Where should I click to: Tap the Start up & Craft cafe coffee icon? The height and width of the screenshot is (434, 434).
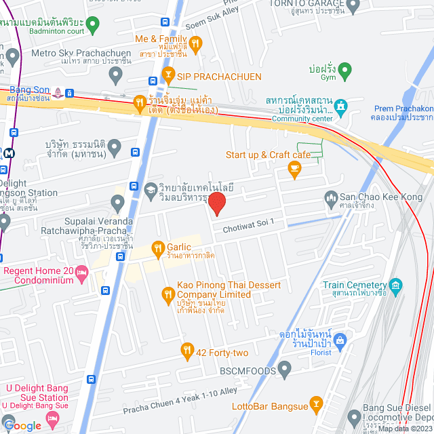point(294,170)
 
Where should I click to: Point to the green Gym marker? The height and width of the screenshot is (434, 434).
point(345,70)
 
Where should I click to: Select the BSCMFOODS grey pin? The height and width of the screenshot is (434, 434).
point(284,370)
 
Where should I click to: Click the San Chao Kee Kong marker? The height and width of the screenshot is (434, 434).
point(331,197)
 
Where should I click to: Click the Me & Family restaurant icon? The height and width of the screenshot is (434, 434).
point(195,45)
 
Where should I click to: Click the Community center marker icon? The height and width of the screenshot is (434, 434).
point(340,106)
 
